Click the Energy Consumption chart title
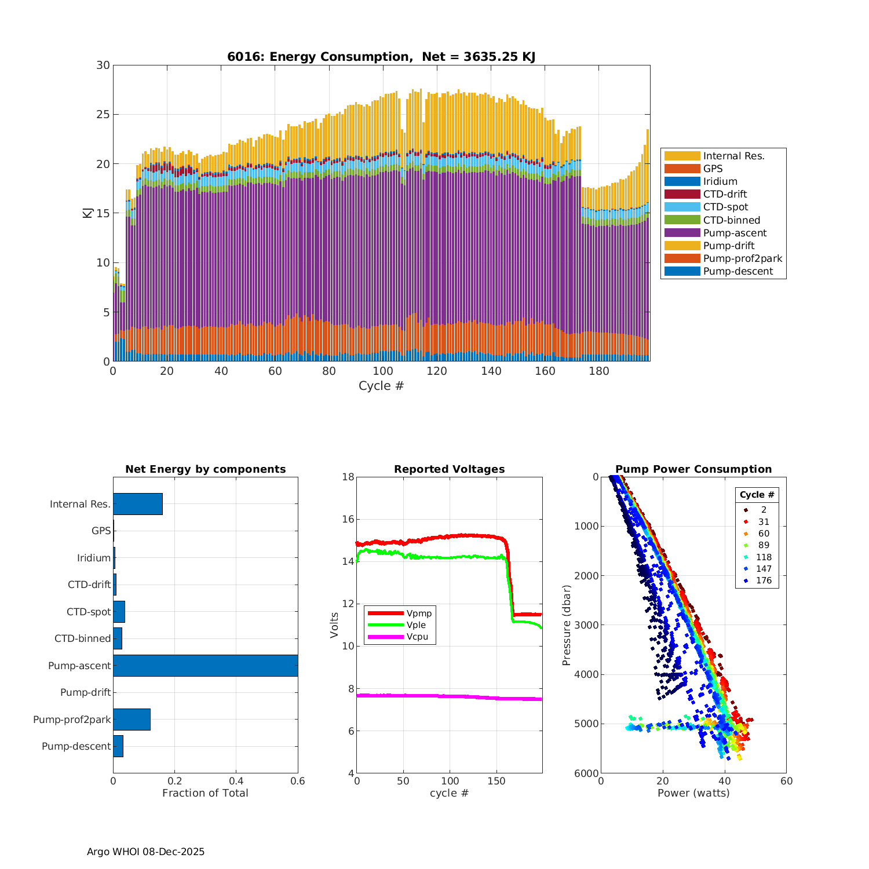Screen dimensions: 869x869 click(381, 56)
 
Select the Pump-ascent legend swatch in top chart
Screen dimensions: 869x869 click(682, 233)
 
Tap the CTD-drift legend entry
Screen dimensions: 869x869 click(725, 194)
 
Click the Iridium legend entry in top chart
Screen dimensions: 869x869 click(720, 181)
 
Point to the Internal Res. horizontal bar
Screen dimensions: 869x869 click(138, 504)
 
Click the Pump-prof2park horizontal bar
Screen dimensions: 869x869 click(132, 720)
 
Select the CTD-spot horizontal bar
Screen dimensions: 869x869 click(119, 612)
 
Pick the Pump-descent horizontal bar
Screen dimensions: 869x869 click(118, 746)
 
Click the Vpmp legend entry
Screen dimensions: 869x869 click(419, 614)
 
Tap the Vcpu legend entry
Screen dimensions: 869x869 click(417, 637)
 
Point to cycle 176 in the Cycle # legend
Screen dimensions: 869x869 click(764, 580)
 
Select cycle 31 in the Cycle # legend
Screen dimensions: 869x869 click(764, 522)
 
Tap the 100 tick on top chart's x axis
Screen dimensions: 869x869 click(383, 371)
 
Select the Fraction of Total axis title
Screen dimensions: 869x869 click(205, 793)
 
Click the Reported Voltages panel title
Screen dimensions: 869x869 click(449, 469)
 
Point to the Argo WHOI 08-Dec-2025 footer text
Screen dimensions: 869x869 click(145, 852)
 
